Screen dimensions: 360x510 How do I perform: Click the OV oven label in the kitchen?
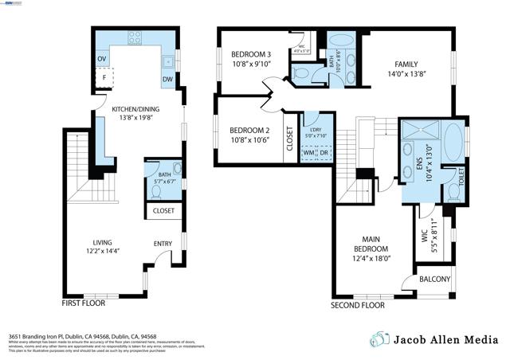101,59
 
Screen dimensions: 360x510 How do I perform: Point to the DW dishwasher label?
168,80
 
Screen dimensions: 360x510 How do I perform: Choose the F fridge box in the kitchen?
104,78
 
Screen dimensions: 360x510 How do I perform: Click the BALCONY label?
435,280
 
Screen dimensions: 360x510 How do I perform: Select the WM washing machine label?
308,153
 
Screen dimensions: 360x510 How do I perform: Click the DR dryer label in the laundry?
324,153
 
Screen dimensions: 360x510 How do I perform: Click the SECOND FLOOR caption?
359,305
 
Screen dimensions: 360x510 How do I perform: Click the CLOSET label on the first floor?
163,211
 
